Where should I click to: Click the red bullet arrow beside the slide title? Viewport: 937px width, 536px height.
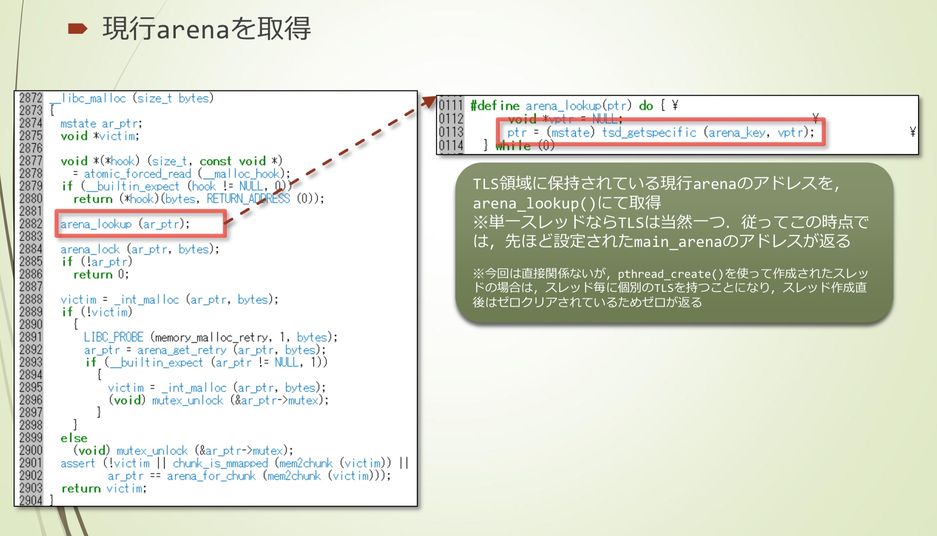(78, 29)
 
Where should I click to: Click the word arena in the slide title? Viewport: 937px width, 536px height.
(193, 30)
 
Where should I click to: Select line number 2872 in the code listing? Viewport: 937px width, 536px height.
(31, 98)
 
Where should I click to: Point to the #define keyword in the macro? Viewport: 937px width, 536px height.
(495, 106)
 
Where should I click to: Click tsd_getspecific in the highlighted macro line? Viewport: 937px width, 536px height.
(649, 133)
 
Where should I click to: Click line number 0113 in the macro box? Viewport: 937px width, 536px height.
(451, 132)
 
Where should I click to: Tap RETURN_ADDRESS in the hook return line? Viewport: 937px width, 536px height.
(248, 199)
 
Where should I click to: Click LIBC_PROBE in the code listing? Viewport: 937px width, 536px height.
(113, 337)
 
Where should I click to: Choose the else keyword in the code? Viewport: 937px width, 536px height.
(74, 438)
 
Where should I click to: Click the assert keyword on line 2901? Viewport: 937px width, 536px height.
(78, 463)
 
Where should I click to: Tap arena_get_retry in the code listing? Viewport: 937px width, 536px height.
(182, 350)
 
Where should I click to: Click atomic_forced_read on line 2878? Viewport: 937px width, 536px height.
(138, 173)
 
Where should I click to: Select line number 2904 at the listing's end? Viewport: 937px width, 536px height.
(31, 500)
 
